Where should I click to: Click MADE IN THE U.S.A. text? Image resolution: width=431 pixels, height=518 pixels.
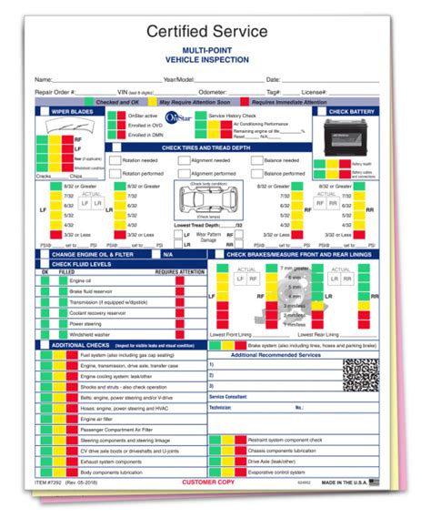(x=345, y=507)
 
